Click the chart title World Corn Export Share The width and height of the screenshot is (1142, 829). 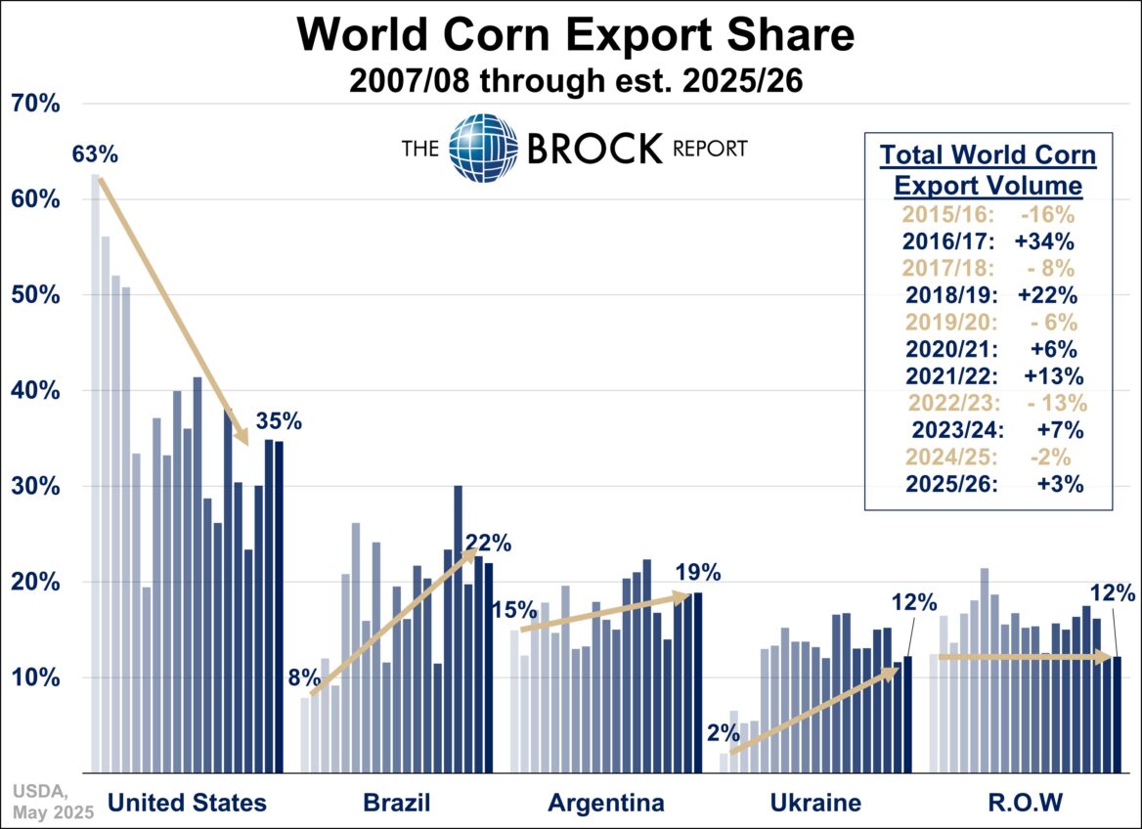576,35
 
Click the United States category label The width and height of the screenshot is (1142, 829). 187,803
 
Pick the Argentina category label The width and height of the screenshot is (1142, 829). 606,803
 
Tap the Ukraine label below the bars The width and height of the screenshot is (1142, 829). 814,803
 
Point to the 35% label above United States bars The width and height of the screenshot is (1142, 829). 279,422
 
